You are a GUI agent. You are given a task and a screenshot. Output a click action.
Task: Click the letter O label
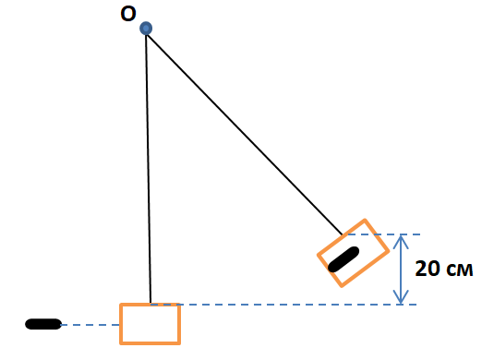128,14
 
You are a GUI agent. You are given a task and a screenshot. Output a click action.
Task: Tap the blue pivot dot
146,29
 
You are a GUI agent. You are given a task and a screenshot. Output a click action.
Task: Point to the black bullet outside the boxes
43,324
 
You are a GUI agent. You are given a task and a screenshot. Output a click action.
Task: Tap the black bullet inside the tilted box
343,259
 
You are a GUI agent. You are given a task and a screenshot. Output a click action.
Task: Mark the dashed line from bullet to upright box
90,325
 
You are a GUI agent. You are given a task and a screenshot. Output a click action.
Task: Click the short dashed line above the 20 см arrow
384,234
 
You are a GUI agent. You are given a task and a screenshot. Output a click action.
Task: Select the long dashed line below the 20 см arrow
283,305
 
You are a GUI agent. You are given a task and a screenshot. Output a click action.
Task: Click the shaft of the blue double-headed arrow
401,270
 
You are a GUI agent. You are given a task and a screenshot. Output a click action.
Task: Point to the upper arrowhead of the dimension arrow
401,241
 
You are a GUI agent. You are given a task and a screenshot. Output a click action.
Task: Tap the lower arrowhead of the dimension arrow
401,298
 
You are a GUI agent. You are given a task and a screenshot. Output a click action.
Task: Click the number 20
427,269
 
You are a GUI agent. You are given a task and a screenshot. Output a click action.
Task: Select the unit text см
459,270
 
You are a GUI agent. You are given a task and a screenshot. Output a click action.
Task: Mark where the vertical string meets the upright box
151,304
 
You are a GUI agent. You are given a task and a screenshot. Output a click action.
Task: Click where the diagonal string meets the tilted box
343,235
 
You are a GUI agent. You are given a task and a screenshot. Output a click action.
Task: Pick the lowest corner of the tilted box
342,286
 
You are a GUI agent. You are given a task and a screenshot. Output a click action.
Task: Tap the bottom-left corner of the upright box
121,343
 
